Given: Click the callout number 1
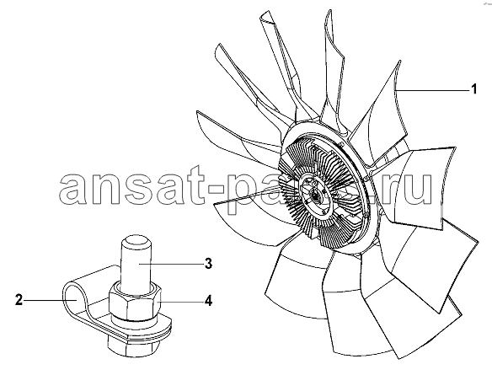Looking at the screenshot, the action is click(473, 88).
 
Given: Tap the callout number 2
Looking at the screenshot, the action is click(19, 300).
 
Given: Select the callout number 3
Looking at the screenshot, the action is click(208, 264).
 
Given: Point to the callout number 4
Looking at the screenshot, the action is click(208, 301).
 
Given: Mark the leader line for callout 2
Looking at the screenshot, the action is click(51, 300).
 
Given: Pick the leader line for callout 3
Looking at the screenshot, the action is click(170, 265).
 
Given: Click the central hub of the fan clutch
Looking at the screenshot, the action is click(315, 196).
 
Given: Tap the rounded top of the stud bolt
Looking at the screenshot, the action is click(135, 243).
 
